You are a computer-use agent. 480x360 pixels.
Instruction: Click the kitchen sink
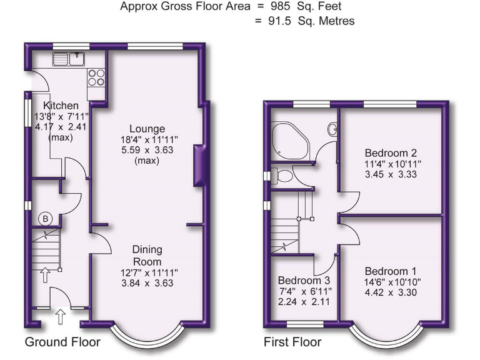(69, 59)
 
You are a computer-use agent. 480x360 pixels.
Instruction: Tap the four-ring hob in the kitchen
(97, 77)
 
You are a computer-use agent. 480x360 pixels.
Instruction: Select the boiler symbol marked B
(45, 218)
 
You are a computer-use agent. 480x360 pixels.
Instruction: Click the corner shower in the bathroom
(288, 140)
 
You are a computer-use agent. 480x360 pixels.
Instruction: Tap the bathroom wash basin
(332, 130)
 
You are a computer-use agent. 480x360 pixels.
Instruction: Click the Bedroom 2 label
(391, 152)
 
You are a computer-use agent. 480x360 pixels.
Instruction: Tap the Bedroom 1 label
(391, 271)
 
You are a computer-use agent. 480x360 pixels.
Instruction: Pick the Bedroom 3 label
(304, 280)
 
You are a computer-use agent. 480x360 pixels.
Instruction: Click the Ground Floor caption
(62, 342)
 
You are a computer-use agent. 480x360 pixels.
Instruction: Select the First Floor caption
(292, 342)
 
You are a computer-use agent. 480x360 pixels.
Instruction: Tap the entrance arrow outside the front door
(61, 317)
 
